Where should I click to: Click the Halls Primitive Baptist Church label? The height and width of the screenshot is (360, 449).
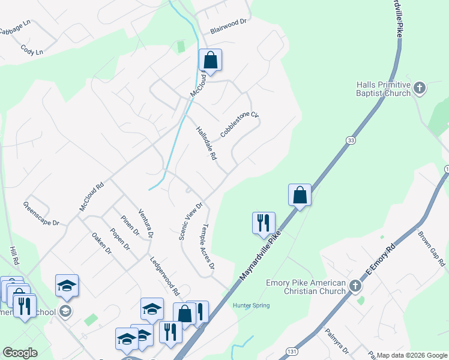383,89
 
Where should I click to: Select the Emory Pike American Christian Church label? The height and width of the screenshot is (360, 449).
306,287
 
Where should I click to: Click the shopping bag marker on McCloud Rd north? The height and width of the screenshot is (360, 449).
210,60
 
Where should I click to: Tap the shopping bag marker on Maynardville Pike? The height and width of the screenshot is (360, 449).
300,195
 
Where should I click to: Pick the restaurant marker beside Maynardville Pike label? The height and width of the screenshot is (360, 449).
264,223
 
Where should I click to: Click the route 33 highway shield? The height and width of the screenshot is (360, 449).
350,139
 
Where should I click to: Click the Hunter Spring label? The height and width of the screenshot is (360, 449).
251,305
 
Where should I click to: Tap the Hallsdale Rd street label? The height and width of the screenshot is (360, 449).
206,143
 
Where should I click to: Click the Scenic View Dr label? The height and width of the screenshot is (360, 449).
191,221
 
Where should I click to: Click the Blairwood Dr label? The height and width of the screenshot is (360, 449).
228,21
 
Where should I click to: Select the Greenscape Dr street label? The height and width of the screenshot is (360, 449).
41,214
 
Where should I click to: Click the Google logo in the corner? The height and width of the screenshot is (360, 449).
20,353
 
